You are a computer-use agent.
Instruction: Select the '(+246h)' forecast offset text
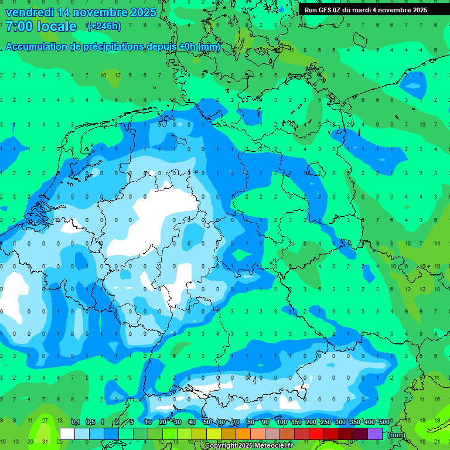tap(104, 26)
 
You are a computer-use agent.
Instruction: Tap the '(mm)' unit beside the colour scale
tap(396, 435)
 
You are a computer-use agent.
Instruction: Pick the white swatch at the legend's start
tap(67, 434)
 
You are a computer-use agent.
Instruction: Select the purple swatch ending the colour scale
tap(375, 434)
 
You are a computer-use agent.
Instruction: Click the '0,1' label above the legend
tap(76, 422)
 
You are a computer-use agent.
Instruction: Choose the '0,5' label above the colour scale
tap(90, 422)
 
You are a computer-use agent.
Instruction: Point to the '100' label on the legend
tap(281, 422)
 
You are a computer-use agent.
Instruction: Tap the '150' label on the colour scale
tap(296, 422)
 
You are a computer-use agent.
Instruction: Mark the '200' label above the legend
tap(311, 422)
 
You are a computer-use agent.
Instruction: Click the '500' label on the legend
tap(384, 422)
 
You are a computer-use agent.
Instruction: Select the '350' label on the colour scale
tap(354, 422)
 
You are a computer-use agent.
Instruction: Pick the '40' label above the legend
tap(192, 422)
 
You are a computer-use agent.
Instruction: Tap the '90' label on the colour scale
tap(265, 422)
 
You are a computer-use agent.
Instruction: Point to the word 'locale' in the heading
tap(57, 26)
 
